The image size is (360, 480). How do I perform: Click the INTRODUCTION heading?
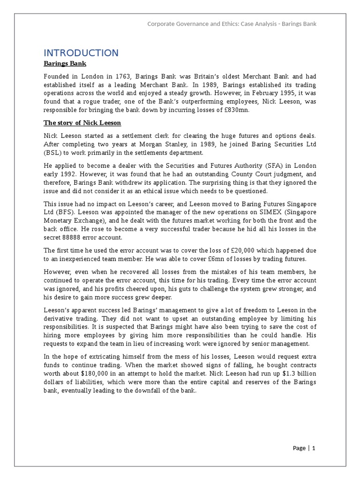point(81,52)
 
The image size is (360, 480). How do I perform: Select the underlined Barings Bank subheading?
point(65,64)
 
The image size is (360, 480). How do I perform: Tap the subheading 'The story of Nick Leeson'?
point(82,123)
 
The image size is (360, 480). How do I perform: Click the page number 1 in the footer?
point(314,448)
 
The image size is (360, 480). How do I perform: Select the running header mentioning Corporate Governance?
point(232,24)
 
